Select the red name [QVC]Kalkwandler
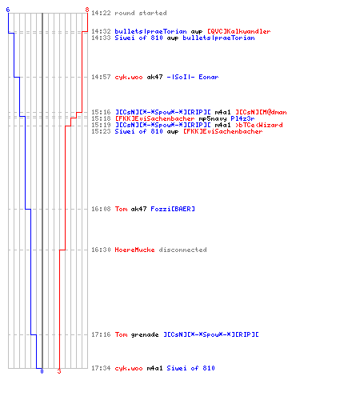click(239, 31)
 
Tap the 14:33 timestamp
click(101, 38)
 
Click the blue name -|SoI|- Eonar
click(193, 77)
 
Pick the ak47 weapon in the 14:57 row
click(154, 77)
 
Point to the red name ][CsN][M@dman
click(261, 112)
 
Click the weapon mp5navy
click(213, 118)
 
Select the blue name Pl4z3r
click(242, 118)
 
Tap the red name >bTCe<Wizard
click(259, 125)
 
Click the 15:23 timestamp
click(101, 131)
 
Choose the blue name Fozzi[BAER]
click(173, 209)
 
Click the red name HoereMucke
click(134, 250)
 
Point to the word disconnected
click(182, 250)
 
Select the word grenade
click(145, 334)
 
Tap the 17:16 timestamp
click(101, 334)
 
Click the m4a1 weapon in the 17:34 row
click(154, 368)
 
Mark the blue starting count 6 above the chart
click(8, 10)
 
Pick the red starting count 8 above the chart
click(87, 10)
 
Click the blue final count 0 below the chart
click(42, 371)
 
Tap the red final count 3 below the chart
click(59, 371)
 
